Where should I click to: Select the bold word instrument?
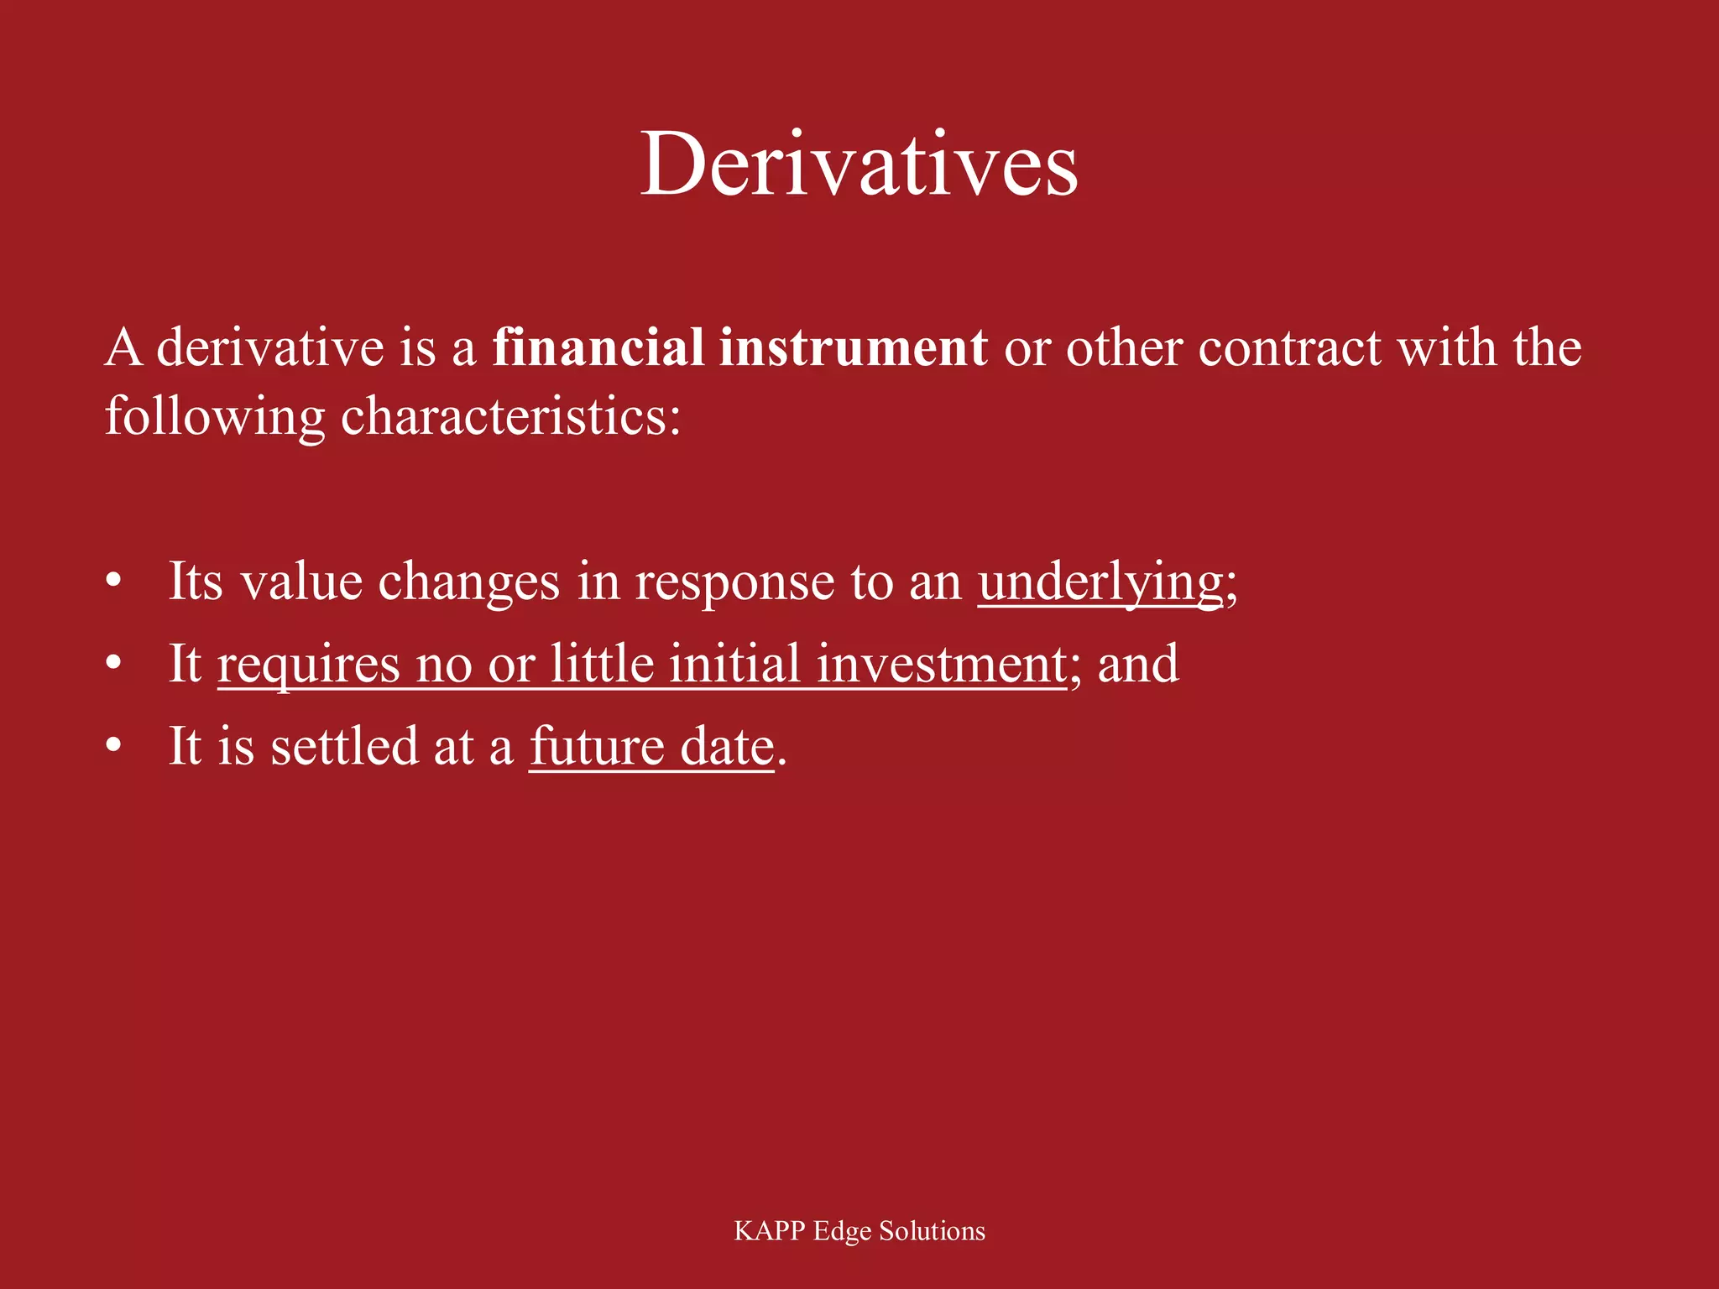click(x=853, y=347)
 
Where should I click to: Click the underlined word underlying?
click(x=1100, y=582)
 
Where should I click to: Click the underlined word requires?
click(x=308, y=665)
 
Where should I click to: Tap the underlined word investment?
click(x=941, y=665)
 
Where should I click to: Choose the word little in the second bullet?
click(x=602, y=665)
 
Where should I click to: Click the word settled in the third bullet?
click(x=343, y=746)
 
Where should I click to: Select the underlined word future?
click(x=597, y=746)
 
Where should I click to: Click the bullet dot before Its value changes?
click(x=114, y=581)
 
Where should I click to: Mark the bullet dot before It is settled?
click(x=114, y=745)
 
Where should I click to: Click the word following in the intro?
click(x=214, y=415)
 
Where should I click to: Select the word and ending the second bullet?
click(x=1138, y=665)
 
